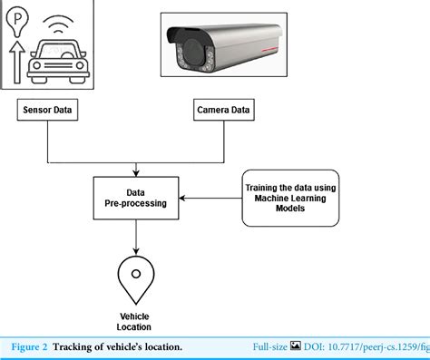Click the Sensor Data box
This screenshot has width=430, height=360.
click(x=48, y=112)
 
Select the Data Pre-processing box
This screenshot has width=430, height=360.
click(x=136, y=199)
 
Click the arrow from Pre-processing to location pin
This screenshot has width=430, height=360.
click(x=136, y=236)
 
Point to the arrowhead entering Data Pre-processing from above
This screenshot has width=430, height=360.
click(x=136, y=171)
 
